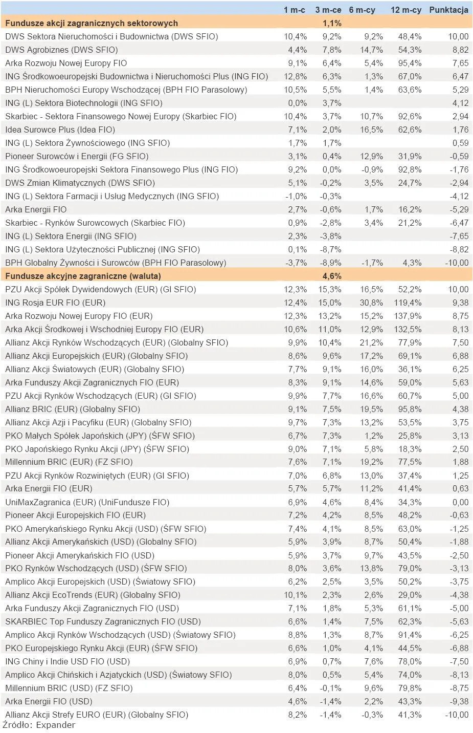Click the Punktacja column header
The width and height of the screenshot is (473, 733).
coord(448,10)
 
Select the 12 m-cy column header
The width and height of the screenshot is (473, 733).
coord(406,10)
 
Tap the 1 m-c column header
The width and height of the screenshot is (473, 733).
coord(294,10)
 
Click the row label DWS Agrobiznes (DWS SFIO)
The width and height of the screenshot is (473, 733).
coord(61,50)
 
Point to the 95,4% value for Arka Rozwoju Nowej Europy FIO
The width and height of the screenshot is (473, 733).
coord(410,63)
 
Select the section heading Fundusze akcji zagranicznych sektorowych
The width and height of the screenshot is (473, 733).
coord(92,23)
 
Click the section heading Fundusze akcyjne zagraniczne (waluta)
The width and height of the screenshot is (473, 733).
coord(83,276)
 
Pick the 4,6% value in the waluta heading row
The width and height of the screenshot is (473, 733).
coord(332,276)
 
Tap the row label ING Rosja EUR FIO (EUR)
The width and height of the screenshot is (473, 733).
coord(55,303)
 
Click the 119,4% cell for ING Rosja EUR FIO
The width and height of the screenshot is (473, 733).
coord(408,303)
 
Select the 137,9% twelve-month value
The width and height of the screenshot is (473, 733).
coord(408,316)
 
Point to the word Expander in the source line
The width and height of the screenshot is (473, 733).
coord(56,725)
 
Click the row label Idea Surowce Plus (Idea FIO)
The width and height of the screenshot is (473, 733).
coord(60,130)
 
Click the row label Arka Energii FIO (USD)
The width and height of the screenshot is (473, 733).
coord(49,701)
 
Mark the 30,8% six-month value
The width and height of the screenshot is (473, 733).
coord(371,303)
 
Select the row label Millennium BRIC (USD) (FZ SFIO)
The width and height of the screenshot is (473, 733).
coord(69,688)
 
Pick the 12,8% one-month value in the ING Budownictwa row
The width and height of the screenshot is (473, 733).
coord(295,77)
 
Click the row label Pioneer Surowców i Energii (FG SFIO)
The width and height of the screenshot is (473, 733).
coord(77,157)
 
